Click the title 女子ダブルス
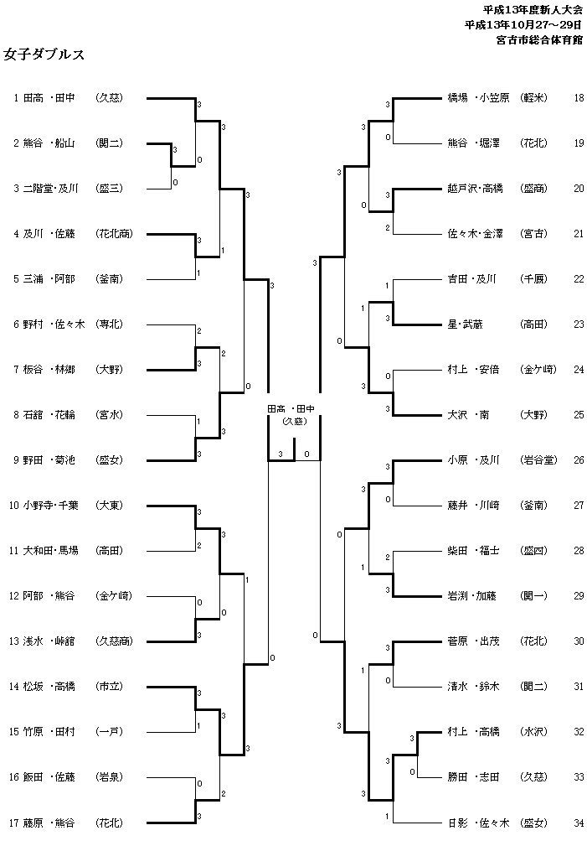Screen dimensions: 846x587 [x=44, y=54]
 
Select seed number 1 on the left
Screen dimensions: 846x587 [x=16, y=98]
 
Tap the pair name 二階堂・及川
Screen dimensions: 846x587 [x=50, y=188]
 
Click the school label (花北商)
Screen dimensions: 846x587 [x=114, y=233]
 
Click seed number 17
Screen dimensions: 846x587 [x=13, y=822]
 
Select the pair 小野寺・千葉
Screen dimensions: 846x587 [x=51, y=505]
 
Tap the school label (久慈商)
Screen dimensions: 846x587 [x=114, y=641]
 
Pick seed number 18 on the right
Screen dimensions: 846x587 [x=579, y=98]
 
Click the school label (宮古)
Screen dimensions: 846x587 [x=533, y=233]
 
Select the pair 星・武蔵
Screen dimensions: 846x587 [x=466, y=324]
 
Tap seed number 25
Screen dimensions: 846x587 [x=579, y=414]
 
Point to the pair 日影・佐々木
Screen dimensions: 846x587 [x=478, y=822]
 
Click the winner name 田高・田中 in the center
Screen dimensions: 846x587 [x=291, y=408]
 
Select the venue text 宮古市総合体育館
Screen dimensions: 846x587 [x=538, y=39]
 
